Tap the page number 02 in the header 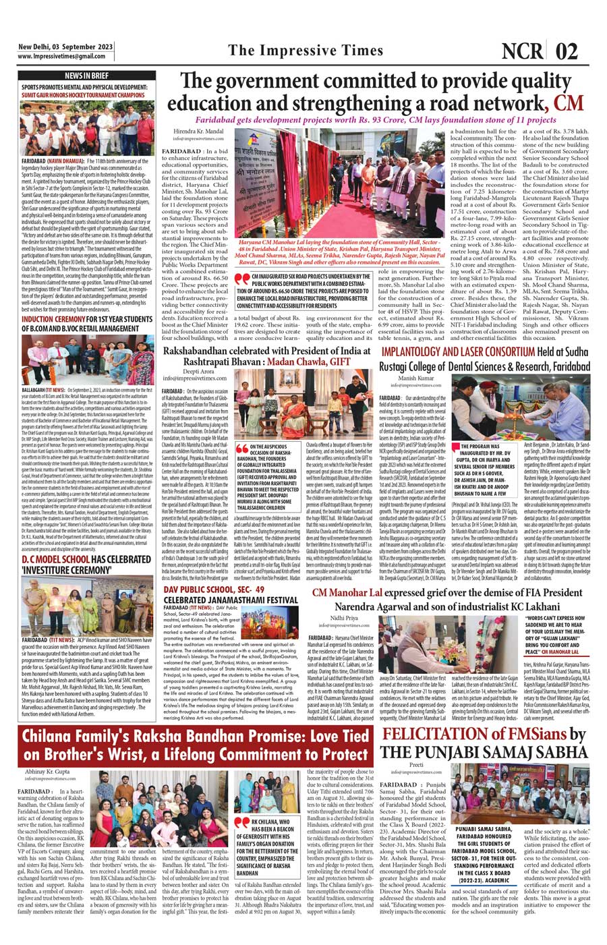[568, 51]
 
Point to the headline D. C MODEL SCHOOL [58, 560]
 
